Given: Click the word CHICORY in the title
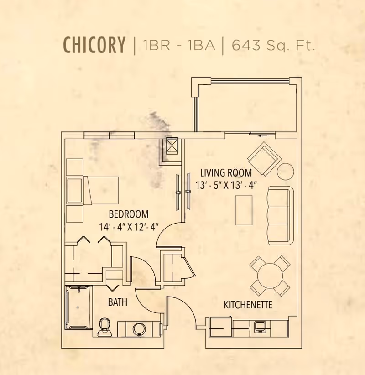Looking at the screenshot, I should tap(94, 45).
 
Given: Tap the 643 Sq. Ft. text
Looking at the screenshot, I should tap(273, 45).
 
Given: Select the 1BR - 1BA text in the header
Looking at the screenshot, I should tap(178, 46).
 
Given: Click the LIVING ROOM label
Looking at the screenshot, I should tap(226, 173).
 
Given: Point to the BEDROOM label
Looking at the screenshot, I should tap(129, 214).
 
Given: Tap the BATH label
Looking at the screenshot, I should tap(117, 302).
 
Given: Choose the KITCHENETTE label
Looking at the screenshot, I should tap(248, 305).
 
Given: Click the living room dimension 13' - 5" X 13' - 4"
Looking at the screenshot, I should tap(226, 185).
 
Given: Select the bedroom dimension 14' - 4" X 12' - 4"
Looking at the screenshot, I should tap(128, 227).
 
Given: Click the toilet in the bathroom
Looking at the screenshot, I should tap(105, 326).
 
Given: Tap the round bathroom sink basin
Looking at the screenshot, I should tap(140, 328).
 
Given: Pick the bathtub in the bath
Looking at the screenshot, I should tap(78, 307).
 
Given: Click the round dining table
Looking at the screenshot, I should tap(270, 276).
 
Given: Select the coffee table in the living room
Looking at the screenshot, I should tap(244, 210).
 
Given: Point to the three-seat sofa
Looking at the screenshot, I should tap(279, 214).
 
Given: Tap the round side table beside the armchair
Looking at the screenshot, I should tap(286, 172).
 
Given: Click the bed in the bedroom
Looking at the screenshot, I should tap(94, 190).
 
